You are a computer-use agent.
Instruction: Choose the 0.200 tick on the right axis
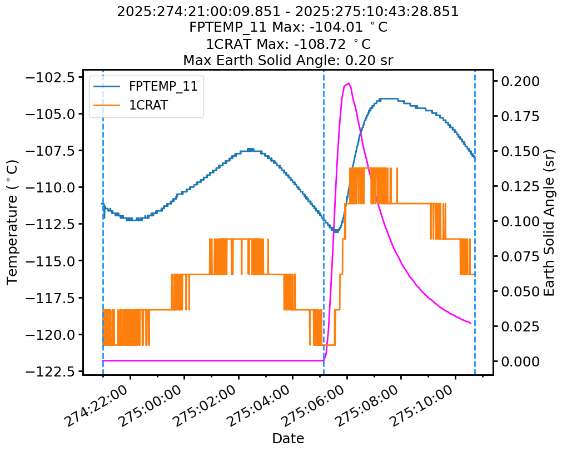point(519,81)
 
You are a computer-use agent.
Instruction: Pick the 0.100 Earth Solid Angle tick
point(519,221)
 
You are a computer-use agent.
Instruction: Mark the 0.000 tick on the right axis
point(519,361)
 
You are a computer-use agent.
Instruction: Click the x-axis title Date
point(288,439)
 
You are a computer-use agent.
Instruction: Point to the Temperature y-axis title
point(12,222)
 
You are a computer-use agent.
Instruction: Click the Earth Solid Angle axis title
point(549,222)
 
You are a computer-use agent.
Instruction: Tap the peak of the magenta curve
point(349,83)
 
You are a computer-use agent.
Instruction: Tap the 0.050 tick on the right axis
point(519,291)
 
